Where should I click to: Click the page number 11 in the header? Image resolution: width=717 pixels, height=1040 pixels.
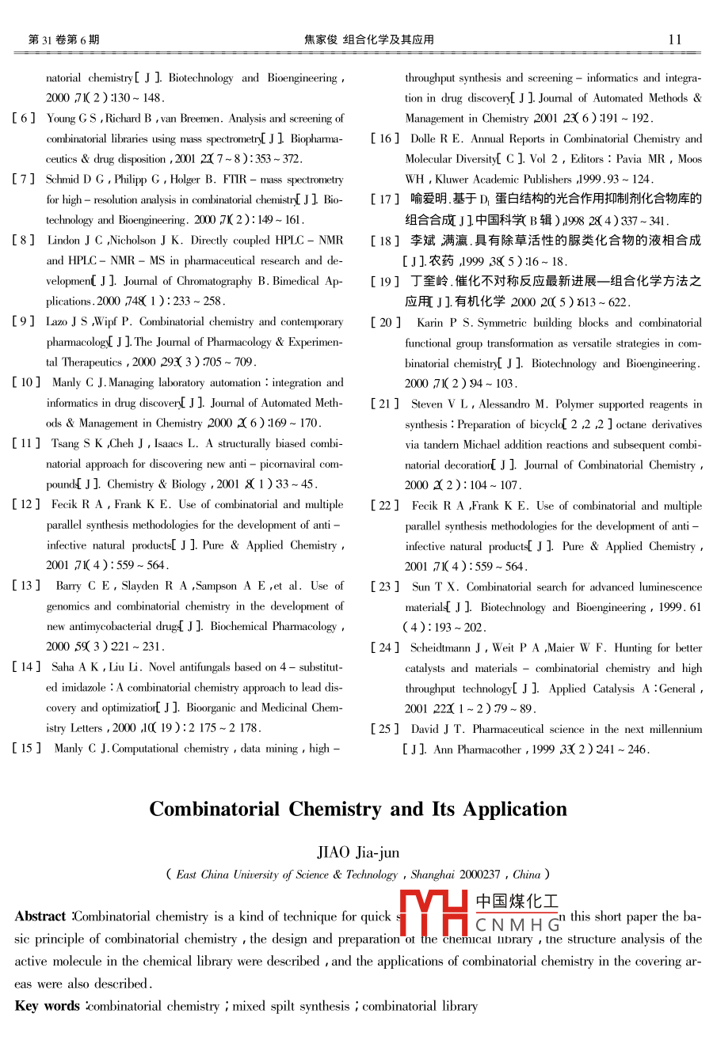tap(675, 39)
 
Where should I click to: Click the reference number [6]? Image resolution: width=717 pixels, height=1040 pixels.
tap(24, 119)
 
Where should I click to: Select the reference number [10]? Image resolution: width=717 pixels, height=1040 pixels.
tap(26, 383)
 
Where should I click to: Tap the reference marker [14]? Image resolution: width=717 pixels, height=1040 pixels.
tap(26, 667)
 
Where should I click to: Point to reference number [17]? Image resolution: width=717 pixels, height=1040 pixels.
tap(385, 199)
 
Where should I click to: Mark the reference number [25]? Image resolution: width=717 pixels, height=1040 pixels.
tap(386, 729)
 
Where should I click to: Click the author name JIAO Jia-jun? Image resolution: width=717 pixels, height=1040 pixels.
tap(358, 852)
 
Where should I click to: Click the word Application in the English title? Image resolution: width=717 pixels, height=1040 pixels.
tap(519, 809)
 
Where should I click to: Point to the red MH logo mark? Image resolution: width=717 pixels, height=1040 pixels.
tap(433, 913)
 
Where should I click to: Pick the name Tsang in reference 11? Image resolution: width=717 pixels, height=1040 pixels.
tap(65, 444)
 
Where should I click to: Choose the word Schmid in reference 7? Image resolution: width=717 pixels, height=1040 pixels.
tap(63, 180)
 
